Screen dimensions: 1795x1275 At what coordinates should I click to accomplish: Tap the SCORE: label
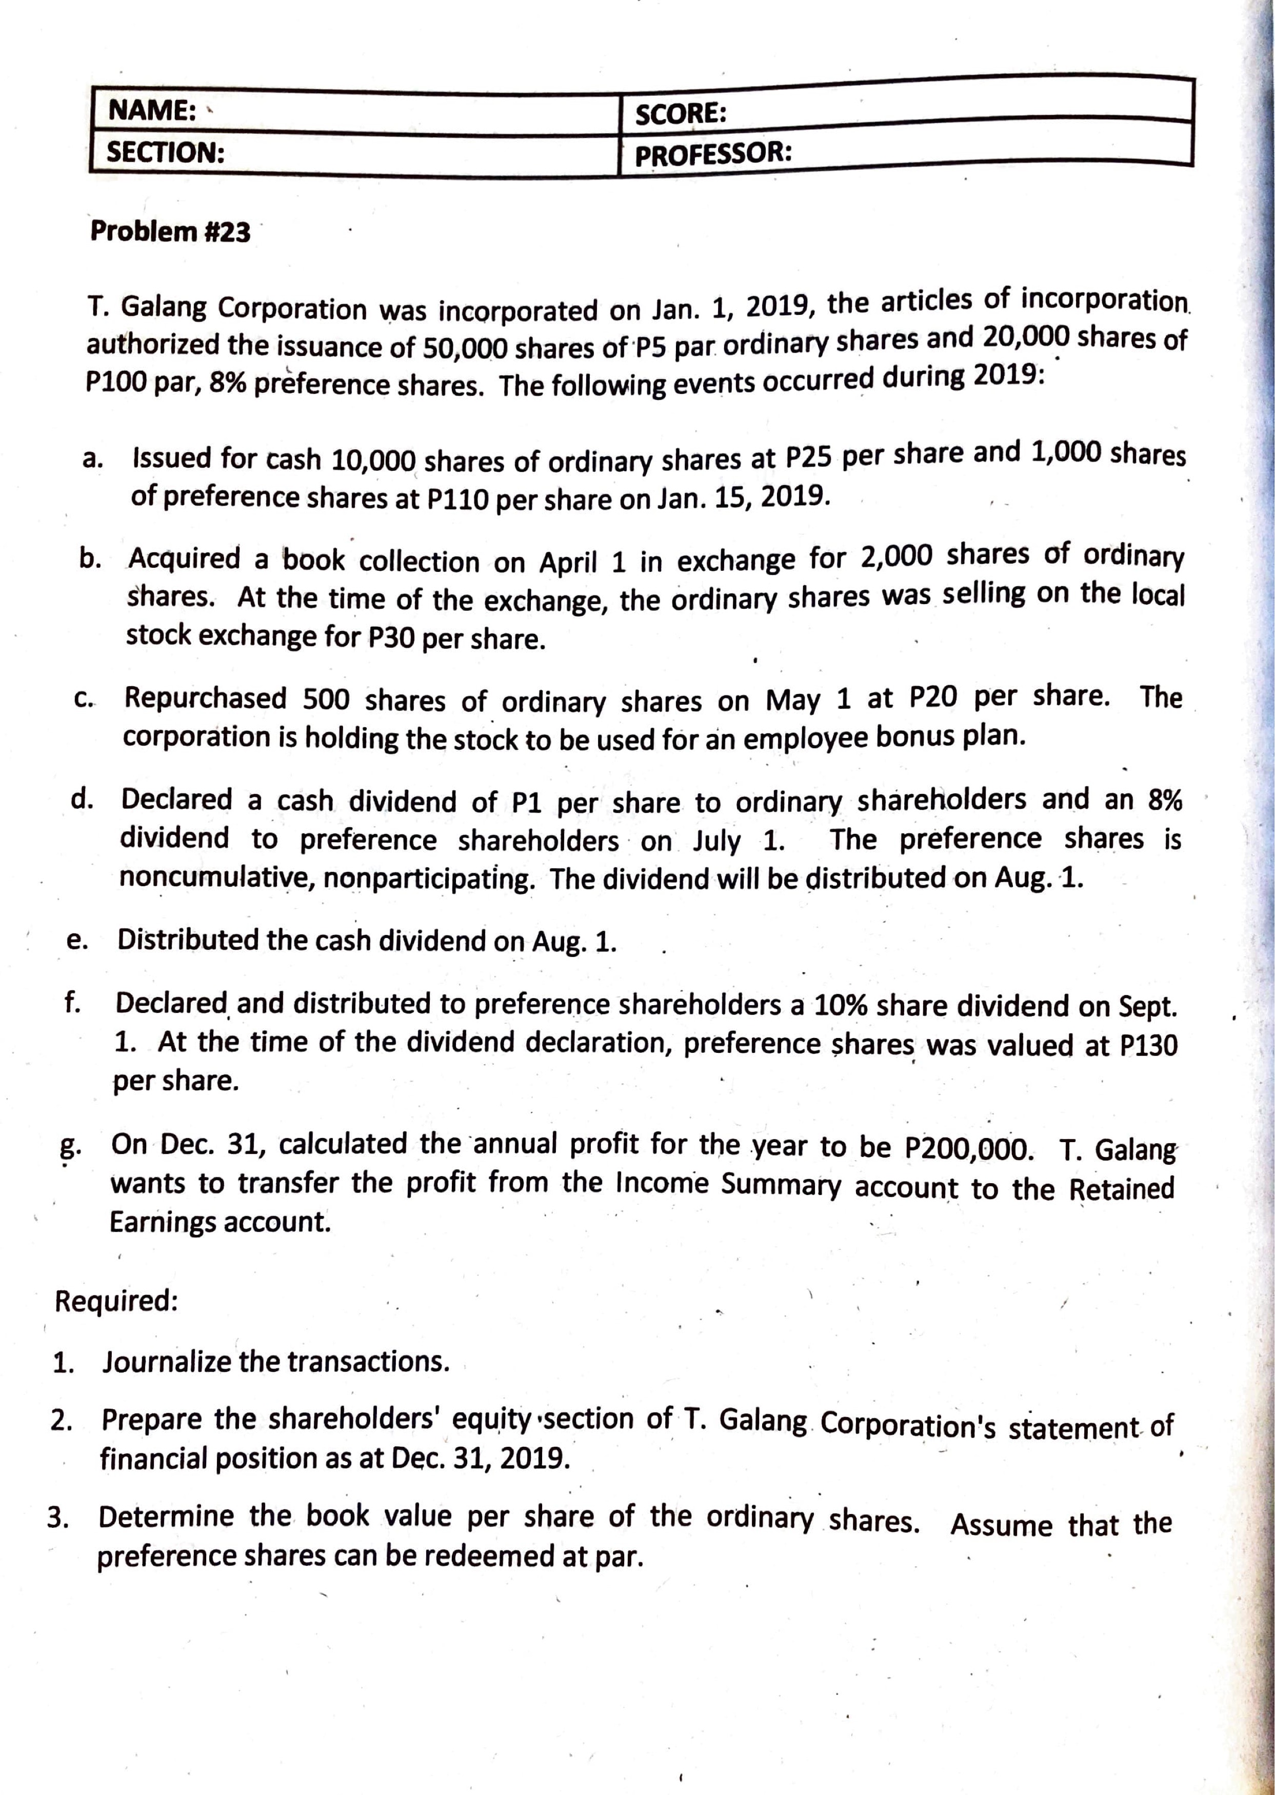click(x=680, y=114)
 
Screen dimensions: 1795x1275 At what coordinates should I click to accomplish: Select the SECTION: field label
click(x=165, y=151)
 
